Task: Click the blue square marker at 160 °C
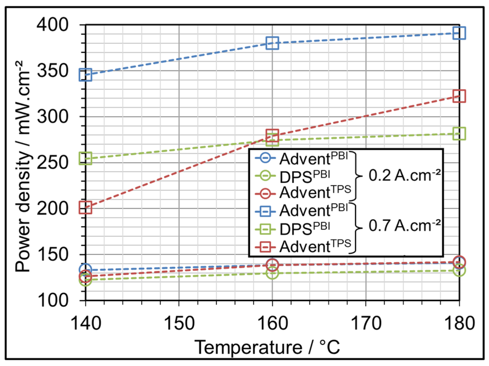272,43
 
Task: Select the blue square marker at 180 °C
459,33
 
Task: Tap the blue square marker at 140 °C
85,75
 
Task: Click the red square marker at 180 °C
459,96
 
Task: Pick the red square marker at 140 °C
85,208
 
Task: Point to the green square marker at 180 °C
459,134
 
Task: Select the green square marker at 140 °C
85,158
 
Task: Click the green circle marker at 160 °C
272,273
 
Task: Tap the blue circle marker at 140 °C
85,270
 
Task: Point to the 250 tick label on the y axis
52,162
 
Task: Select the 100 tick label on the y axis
52,300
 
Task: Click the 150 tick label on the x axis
179,323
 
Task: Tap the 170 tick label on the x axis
366,323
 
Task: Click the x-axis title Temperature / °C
267,347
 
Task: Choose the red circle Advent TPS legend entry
302,193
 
